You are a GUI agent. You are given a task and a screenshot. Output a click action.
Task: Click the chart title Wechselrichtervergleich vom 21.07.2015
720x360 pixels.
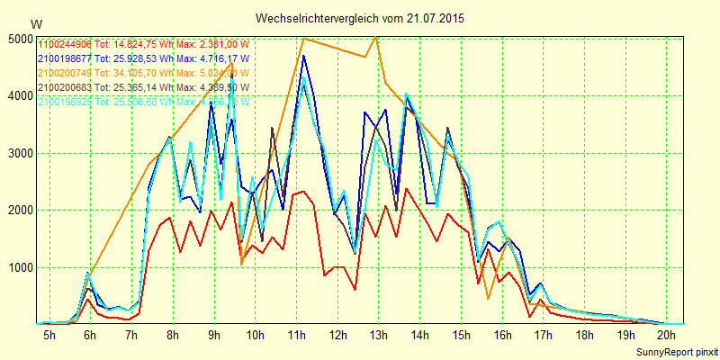pyautogui.click(x=360, y=18)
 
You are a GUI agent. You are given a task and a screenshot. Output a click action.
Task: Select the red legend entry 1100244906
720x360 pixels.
pyautogui.click(x=144, y=44)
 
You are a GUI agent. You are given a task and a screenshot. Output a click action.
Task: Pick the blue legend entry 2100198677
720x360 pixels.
pyautogui.click(x=144, y=58)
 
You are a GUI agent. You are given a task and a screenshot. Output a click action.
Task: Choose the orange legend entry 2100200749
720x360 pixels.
pyautogui.click(x=144, y=73)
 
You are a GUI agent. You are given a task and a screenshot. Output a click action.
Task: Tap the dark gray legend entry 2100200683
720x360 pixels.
pyautogui.click(x=144, y=87)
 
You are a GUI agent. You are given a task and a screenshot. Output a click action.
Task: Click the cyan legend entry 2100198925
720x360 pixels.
pyautogui.click(x=144, y=102)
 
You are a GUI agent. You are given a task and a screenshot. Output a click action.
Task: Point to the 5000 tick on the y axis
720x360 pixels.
pyautogui.click(x=19, y=39)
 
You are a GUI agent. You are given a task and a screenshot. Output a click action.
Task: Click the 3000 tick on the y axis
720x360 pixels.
pyautogui.click(x=19, y=153)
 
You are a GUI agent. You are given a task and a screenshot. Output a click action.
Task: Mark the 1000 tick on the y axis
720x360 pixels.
pyautogui.click(x=19, y=267)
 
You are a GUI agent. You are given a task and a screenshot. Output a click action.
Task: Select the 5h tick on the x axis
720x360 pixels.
pyautogui.click(x=49, y=335)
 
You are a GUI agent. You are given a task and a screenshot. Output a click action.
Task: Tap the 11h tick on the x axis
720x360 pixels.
pyautogui.click(x=296, y=335)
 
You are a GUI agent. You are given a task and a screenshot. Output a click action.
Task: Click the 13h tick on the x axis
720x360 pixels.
pyautogui.click(x=379, y=335)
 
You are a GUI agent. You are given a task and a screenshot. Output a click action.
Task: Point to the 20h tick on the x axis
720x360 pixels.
pyautogui.click(x=667, y=335)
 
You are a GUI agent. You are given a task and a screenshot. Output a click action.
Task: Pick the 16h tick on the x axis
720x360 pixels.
pyautogui.click(x=502, y=335)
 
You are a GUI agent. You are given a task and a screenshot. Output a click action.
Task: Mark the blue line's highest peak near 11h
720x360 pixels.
pyautogui.click(x=304, y=56)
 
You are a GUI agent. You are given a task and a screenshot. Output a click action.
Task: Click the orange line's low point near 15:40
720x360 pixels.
pyautogui.click(x=488, y=298)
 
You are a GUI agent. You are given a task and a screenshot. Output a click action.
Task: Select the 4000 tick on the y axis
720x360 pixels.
pyautogui.click(x=19, y=95)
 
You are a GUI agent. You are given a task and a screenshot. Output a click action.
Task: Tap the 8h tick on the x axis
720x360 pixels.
pyautogui.click(x=173, y=335)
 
